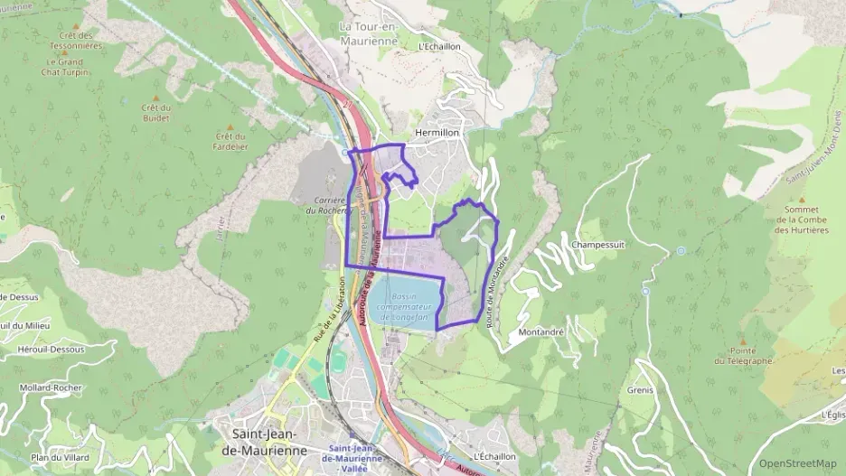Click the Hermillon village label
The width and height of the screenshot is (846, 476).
(x=437, y=133)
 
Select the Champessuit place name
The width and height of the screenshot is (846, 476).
(x=599, y=245)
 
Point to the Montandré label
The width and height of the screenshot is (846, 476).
(x=541, y=332)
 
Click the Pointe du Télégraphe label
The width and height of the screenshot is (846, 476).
(x=742, y=356)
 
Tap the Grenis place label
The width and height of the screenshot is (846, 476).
(x=639, y=391)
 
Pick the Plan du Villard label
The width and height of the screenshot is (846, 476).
(x=61, y=458)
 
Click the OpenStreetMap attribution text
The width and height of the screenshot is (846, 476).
(x=797, y=463)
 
